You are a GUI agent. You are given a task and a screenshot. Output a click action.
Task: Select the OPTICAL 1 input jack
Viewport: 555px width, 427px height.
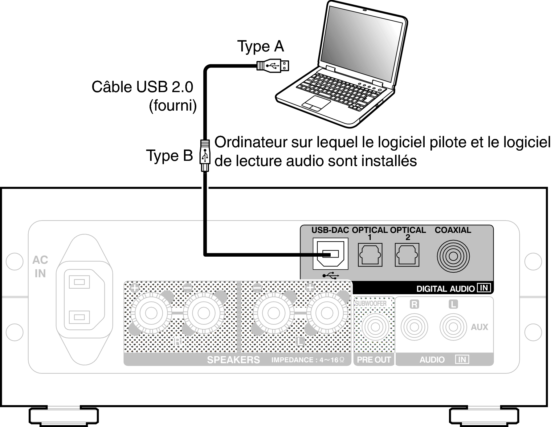tap(370, 255)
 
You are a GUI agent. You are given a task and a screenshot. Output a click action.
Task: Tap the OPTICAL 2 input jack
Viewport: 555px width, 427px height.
tap(407, 255)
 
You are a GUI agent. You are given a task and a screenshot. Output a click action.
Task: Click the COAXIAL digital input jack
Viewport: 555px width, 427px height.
tap(453, 256)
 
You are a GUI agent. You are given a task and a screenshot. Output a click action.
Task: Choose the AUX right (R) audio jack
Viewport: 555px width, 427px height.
tap(414, 327)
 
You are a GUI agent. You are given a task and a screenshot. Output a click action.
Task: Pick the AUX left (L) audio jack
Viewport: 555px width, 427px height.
tap(453, 327)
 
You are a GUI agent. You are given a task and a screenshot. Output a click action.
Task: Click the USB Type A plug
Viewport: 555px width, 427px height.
tap(273, 65)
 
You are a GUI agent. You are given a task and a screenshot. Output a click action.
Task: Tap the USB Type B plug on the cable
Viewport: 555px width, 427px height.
tap(205, 155)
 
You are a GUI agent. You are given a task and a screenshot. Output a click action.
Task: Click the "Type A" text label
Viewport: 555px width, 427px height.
tap(261, 47)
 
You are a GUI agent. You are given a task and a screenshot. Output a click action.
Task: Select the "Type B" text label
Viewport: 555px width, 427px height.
tap(169, 155)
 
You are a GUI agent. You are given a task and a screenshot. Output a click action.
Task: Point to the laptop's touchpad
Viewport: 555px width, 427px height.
tap(316, 103)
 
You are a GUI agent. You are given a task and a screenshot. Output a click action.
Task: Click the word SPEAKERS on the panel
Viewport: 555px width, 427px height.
tap(233, 360)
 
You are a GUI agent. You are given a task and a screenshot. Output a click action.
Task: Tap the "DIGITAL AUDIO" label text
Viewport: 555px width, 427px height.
tap(445, 289)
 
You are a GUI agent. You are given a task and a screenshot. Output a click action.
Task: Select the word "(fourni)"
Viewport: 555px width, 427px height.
tap(173, 106)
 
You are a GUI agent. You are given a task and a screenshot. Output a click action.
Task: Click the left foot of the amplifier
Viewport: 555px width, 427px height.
tap(64, 416)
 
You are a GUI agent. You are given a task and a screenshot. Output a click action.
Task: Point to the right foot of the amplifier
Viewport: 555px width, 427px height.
tap(484, 416)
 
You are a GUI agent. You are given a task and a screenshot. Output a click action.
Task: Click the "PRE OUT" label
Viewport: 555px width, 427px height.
tap(374, 360)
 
